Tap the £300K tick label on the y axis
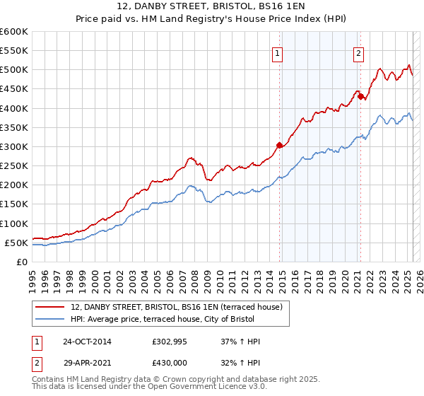pyautogui.click(x=14, y=146)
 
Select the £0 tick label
pyautogui.click(x=21, y=262)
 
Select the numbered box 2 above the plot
pyautogui.click(x=358, y=52)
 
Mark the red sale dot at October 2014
pyautogui.click(x=279, y=145)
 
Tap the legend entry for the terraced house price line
pyautogui.click(x=177, y=307)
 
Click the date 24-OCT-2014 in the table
pyautogui.click(x=87, y=342)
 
